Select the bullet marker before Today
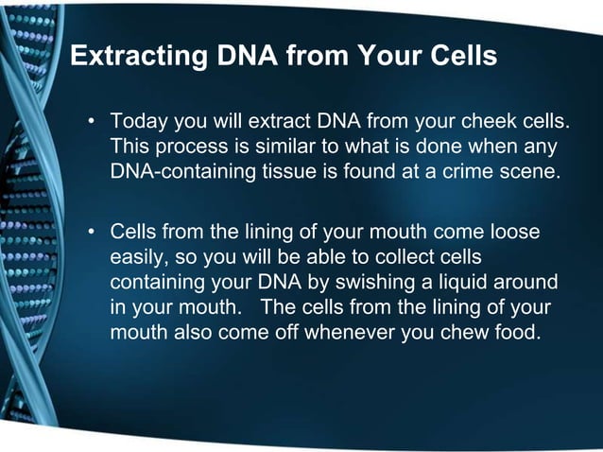[93, 122]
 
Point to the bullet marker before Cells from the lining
[93, 231]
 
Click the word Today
[137, 122]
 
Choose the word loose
[518, 231]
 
